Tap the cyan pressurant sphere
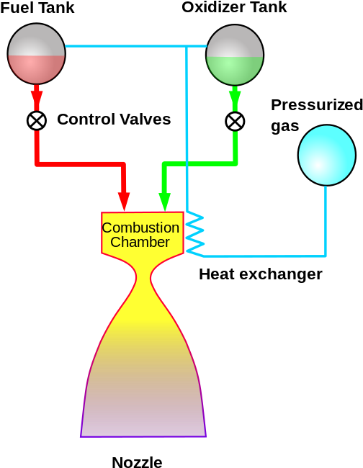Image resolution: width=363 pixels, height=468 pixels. pos(326,155)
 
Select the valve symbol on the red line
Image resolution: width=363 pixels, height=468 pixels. pos(37,120)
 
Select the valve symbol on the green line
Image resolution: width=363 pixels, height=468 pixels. pos(235,121)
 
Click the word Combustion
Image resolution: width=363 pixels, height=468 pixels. pos(140,228)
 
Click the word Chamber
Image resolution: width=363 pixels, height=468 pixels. pos(140,243)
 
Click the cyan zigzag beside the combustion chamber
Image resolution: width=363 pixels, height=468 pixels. pos(195,233)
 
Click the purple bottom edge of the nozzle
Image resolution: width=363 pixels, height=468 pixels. pos(143,436)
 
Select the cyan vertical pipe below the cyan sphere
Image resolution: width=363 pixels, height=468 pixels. pos(326,220)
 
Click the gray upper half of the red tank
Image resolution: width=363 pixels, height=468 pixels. pos(36,40)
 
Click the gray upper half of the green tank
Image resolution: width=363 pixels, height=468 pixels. pos(235,41)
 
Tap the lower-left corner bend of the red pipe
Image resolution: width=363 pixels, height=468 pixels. pos(37,163)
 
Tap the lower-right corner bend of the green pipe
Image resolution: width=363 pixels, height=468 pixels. pos(235,163)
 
